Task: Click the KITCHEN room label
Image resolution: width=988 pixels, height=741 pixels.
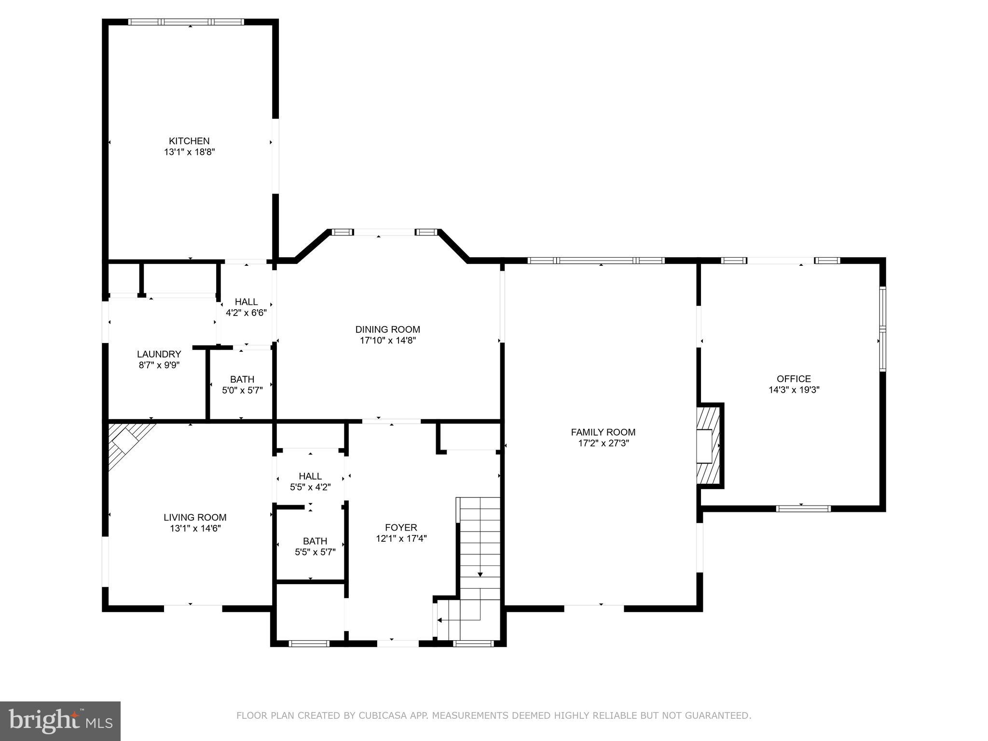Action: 189,141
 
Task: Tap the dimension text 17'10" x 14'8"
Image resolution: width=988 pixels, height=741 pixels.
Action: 387,340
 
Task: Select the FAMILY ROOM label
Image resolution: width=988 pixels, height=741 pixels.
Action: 603,432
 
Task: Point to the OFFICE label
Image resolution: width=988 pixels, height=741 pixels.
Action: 794,379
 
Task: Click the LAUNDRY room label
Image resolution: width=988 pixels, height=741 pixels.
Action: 159,354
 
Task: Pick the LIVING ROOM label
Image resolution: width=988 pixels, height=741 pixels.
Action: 195,518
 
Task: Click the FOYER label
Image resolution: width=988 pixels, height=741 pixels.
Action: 401,527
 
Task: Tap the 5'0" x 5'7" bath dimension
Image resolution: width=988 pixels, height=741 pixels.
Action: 242,390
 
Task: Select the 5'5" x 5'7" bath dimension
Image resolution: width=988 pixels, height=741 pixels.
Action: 315,552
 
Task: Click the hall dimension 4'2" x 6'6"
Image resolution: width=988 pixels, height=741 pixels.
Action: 246,313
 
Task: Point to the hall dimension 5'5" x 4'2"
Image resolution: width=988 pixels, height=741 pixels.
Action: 310,487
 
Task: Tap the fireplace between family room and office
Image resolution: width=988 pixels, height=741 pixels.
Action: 708,446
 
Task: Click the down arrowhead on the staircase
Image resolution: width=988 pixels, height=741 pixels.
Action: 480,574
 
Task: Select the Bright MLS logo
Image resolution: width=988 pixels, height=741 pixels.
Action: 60,721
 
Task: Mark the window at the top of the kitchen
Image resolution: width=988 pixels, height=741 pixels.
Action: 186,22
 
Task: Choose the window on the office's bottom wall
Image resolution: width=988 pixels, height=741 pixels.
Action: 803,508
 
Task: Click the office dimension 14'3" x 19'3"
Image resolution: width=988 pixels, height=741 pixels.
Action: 794,390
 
